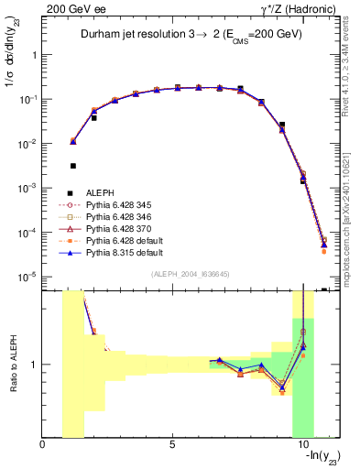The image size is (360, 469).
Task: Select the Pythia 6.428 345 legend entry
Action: [x=122, y=205]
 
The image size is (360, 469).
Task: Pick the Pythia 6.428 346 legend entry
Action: [x=122, y=217]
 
